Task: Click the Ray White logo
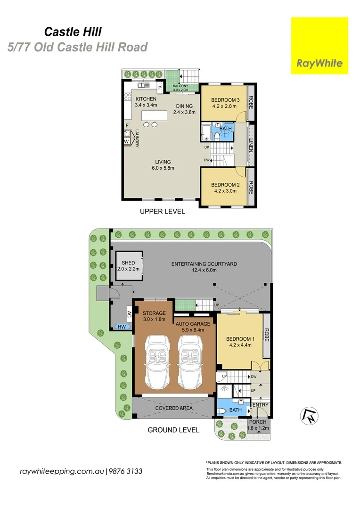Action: point(319,46)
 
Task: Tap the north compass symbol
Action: point(309,416)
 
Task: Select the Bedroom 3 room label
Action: point(225,100)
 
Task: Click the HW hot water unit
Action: point(122,327)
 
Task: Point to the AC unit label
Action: point(129,314)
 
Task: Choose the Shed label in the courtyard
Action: point(128,263)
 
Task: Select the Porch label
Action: point(258,422)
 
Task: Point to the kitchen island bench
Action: point(154,115)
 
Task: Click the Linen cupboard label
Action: point(251,145)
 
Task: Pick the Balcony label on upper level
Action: point(180,86)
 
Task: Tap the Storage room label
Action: point(154,313)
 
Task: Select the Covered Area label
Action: point(174,408)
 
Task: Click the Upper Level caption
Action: point(162,211)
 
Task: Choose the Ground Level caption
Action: point(173,430)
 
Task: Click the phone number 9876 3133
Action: point(125,471)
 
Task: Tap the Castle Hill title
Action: point(73,32)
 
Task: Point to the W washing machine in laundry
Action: point(127,141)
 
